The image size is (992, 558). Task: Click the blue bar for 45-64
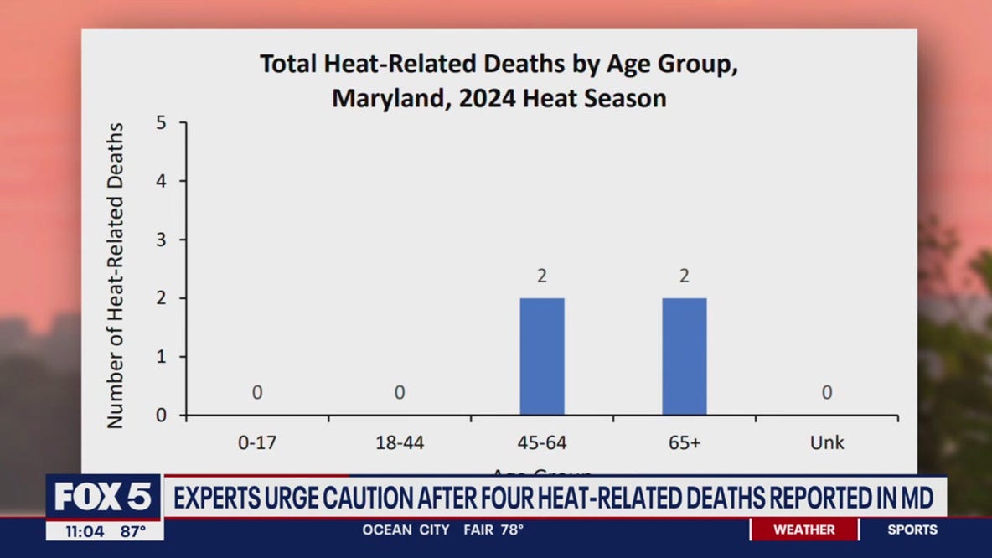coord(542,356)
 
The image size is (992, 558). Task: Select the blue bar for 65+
coord(685,356)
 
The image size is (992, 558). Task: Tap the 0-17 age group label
coord(257,442)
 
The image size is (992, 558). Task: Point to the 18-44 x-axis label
coord(400,442)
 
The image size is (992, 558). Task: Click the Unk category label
coord(827,442)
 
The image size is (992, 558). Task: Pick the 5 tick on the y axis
coord(160,123)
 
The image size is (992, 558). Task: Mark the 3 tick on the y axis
coord(160,240)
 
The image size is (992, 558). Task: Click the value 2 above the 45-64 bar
coord(542,276)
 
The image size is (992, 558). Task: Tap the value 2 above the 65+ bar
coord(685,276)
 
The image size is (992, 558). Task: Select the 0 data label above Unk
coord(827,392)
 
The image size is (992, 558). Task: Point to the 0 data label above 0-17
coord(257,392)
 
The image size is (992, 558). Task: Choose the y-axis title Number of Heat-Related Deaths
coord(116,276)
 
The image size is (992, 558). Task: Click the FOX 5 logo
coord(104,497)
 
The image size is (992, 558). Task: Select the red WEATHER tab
coord(803,530)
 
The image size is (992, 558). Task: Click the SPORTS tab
coord(912,530)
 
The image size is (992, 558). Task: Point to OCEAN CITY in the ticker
coord(406,530)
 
